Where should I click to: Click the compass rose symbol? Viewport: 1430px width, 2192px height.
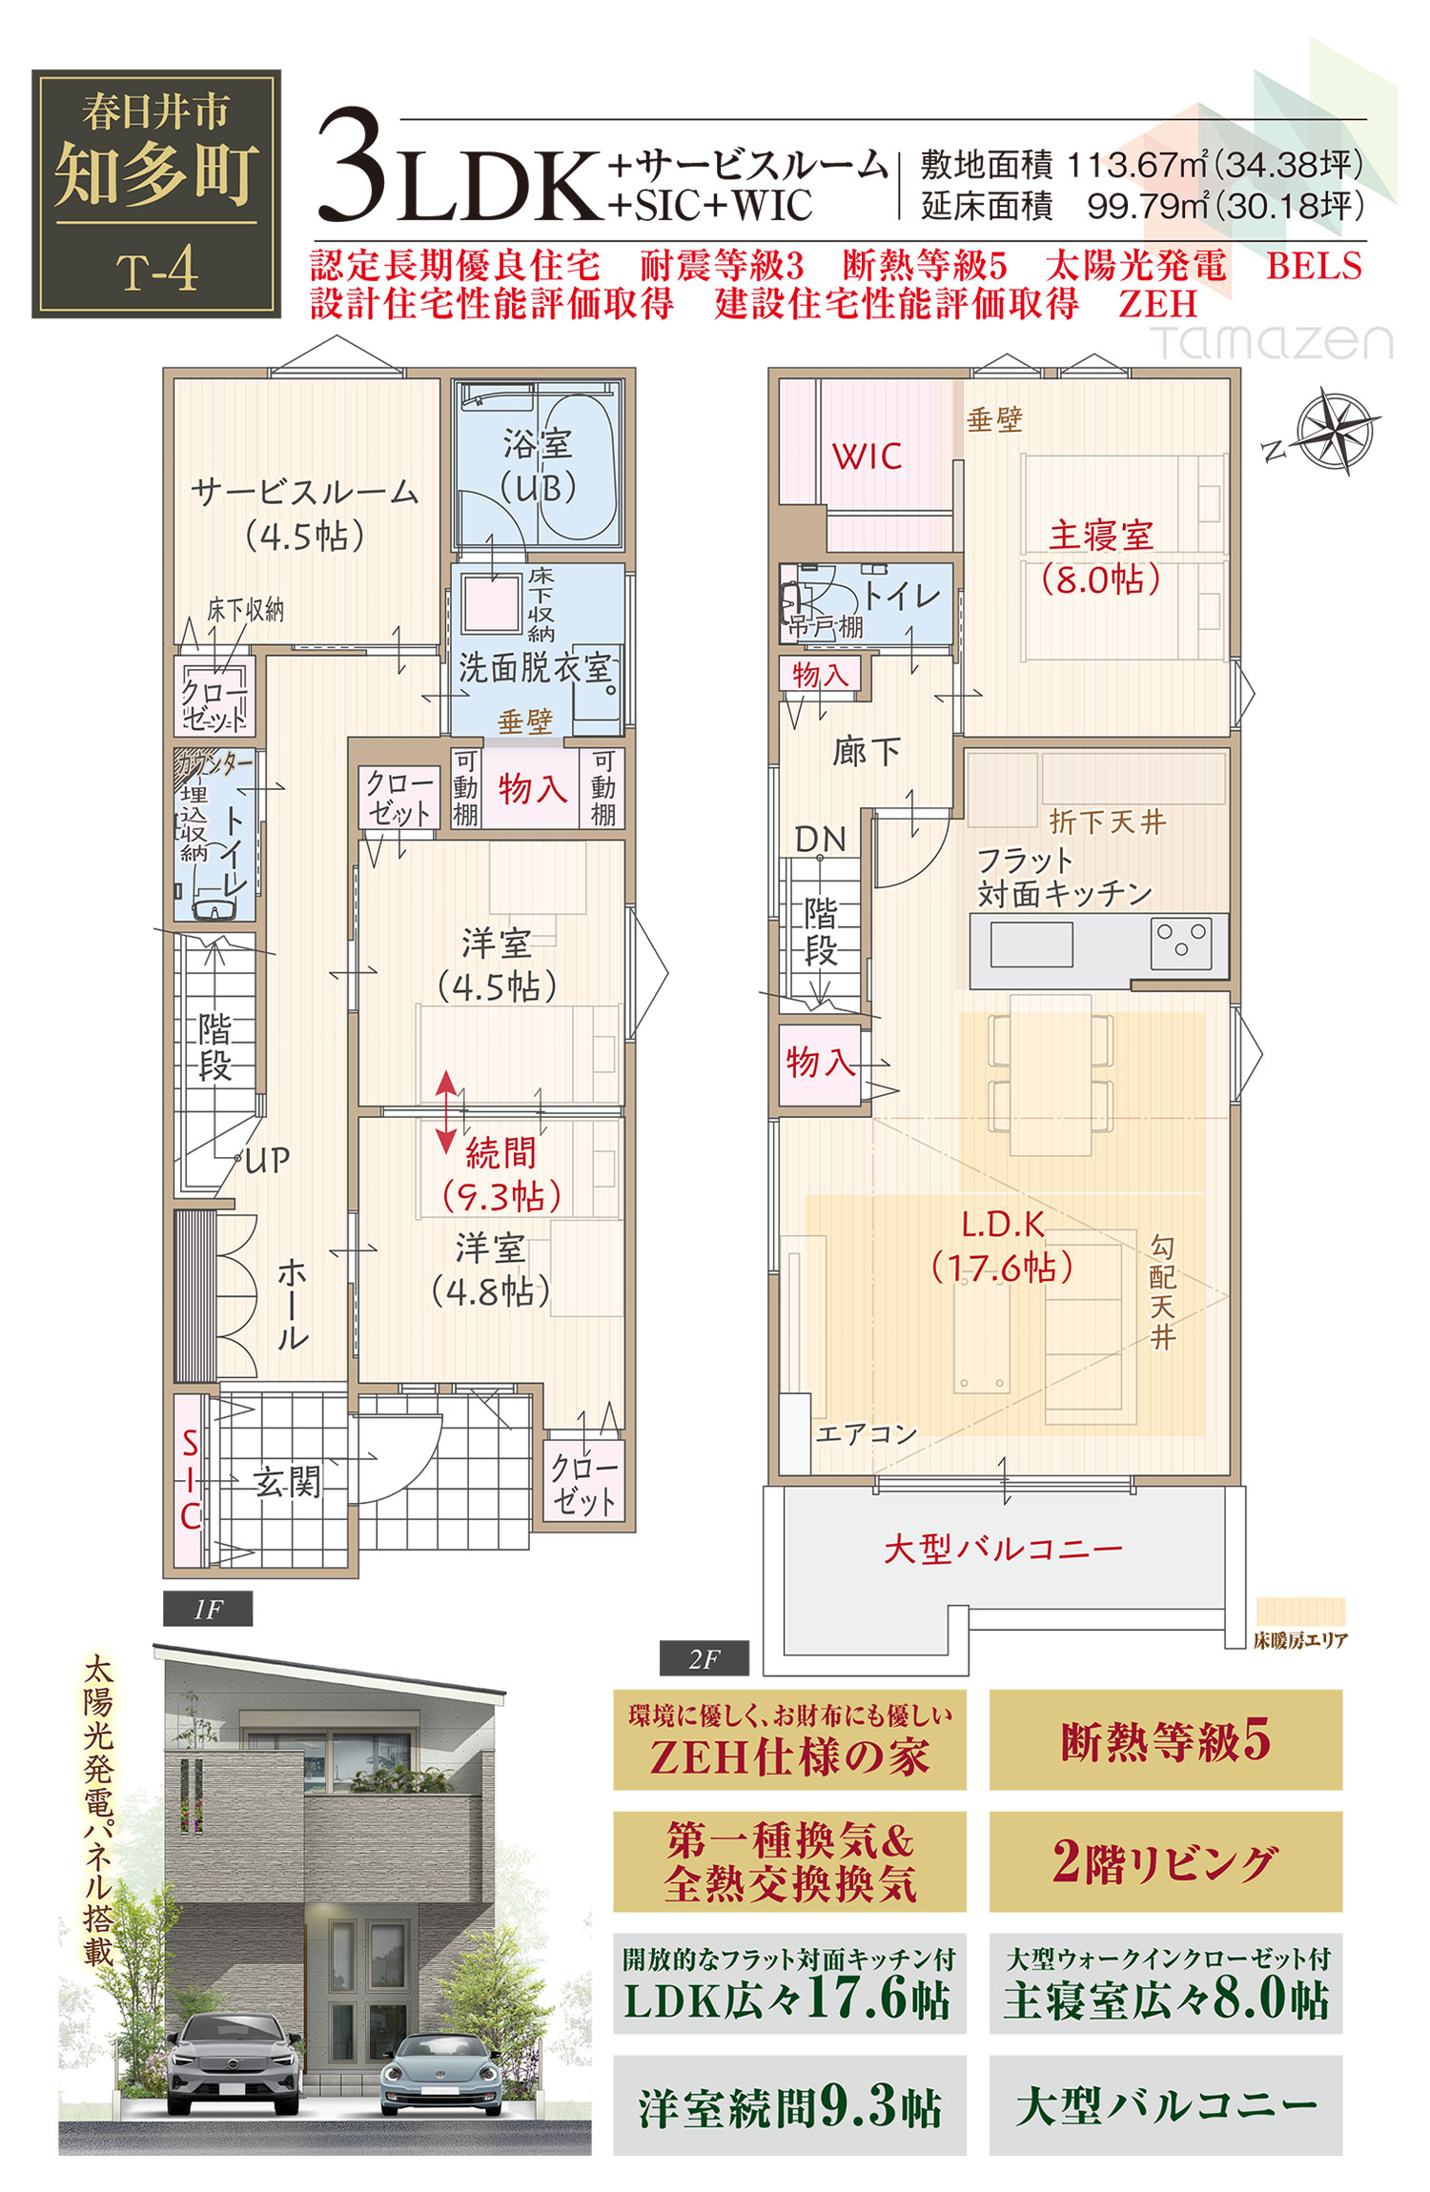click(1337, 431)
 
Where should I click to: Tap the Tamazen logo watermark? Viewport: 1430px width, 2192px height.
click(1273, 342)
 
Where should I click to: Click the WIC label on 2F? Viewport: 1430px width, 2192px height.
click(867, 457)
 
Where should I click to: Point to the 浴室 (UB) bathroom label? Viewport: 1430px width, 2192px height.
click(539, 466)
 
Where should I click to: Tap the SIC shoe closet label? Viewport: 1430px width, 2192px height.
click(191, 1479)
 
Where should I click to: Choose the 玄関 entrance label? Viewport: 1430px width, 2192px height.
click(287, 1482)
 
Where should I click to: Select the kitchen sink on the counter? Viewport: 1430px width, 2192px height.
click(1032, 944)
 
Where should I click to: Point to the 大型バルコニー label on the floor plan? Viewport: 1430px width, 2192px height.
click(1002, 1549)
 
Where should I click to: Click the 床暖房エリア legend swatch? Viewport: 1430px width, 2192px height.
click(1300, 1612)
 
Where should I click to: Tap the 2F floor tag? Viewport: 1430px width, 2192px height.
click(704, 1659)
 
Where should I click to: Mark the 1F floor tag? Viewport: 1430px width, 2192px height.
click(208, 1610)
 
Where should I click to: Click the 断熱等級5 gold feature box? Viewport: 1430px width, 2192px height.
click(1165, 1740)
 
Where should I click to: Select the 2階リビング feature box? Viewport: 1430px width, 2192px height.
click(1165, 1862)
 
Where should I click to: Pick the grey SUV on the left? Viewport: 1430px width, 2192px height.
click(235, 2061)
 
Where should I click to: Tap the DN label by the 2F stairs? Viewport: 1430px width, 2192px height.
click(820, 840)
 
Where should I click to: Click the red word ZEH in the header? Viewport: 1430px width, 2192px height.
click(1157, 304)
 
